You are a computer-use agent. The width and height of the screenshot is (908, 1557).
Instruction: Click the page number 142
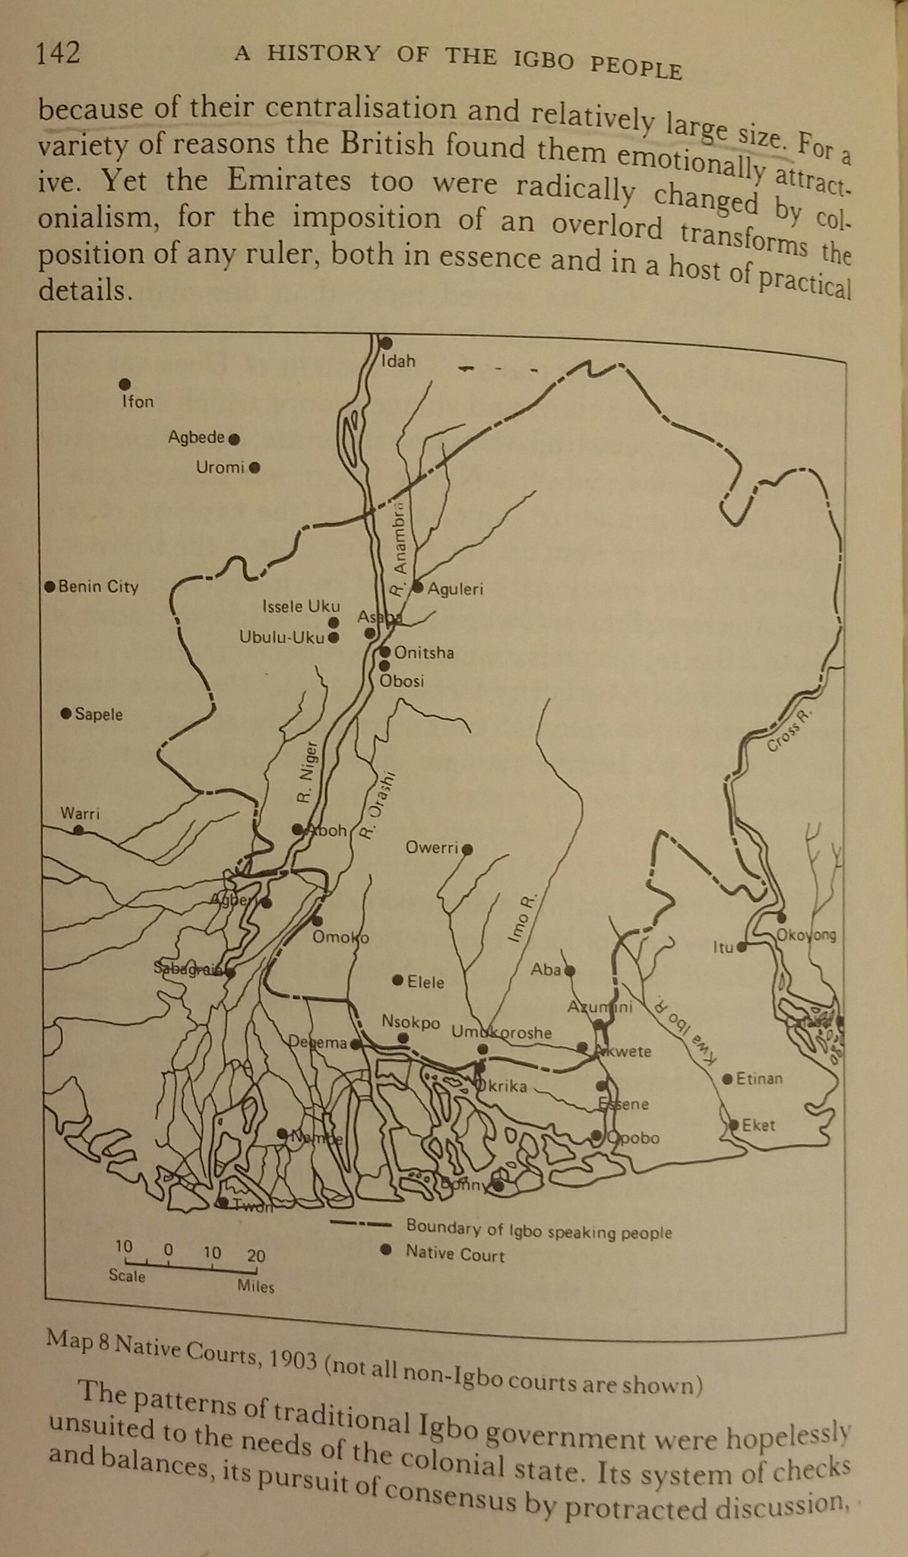click(x=58, y=53)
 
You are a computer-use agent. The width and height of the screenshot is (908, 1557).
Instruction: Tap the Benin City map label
click(x=98, y=587)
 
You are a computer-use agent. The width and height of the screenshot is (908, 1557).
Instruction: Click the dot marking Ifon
click(x=125, y=385)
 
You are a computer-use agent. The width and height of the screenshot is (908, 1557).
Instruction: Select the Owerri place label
click(x=435, y=848)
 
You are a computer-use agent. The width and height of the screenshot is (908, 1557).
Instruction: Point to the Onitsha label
click(x=423, y=653)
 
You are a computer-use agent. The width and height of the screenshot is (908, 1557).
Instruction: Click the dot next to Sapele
click(x=66, y=713)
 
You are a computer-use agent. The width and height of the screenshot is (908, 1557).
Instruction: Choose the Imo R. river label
click(x=522, y=919)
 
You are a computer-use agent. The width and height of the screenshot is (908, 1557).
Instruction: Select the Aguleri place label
click(x=455, y=588)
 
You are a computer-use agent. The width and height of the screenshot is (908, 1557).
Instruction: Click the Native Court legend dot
click(x=386, y=1248)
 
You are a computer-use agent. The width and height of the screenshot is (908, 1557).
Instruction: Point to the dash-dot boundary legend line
click(x=361, y=1225)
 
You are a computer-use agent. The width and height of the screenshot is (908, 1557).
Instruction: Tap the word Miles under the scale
click(x=255, y=1287)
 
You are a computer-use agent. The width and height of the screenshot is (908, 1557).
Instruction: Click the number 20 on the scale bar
click(x=256, y=1256)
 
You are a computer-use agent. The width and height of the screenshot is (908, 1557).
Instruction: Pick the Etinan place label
click(x=758, y=1079)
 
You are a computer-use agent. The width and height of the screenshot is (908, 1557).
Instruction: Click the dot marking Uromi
click(x=255, y=468)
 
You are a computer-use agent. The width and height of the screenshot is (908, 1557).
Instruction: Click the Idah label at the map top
click(x=399, y=361)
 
